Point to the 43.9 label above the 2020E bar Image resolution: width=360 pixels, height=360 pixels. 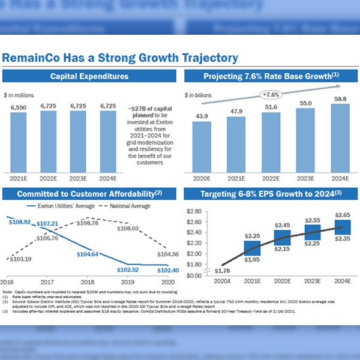(x=201, y=116)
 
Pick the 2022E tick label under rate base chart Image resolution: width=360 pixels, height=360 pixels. (x=271, y=179)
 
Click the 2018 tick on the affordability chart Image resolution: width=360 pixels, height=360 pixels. (x=88, y=280)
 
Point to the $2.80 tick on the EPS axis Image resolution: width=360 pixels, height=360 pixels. (x=195, y=212)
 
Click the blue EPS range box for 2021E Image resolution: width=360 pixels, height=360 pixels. (x=253, y=248)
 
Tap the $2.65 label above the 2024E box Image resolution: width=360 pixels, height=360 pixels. (x=343, y=214)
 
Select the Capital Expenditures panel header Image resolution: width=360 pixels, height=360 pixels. (x=89, y=76)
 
